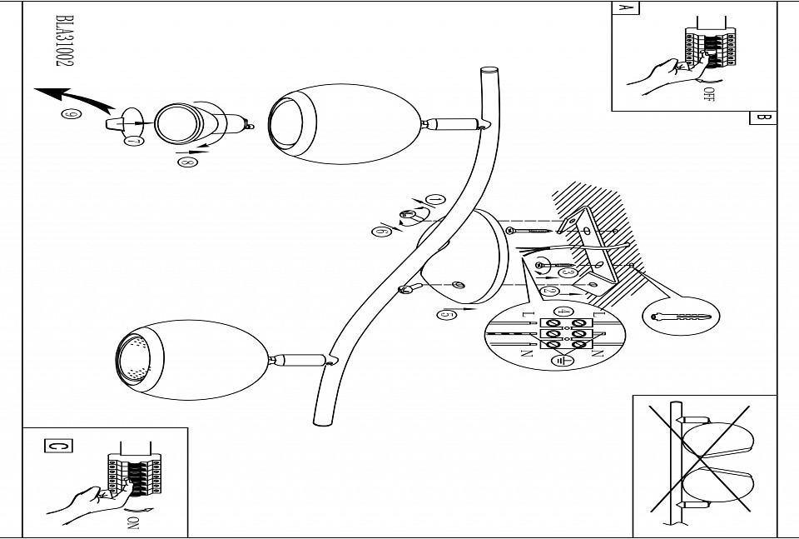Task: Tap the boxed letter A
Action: pyautogui.click(x=625, y=9)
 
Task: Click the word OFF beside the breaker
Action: pyautogui.click(x=708, y=94)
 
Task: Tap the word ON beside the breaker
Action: pyautogui.click(x=131, y=522)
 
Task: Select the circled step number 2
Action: pyautogui.click(x=550, y=292)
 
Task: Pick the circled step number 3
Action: pyautogui.click(x=568, y=272)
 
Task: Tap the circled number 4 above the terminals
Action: pyautogui.click(x=563, y=312)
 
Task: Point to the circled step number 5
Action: pyautogui.click(x=446, y=314)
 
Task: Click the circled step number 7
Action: pyautogui.click(x=133, y=141)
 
